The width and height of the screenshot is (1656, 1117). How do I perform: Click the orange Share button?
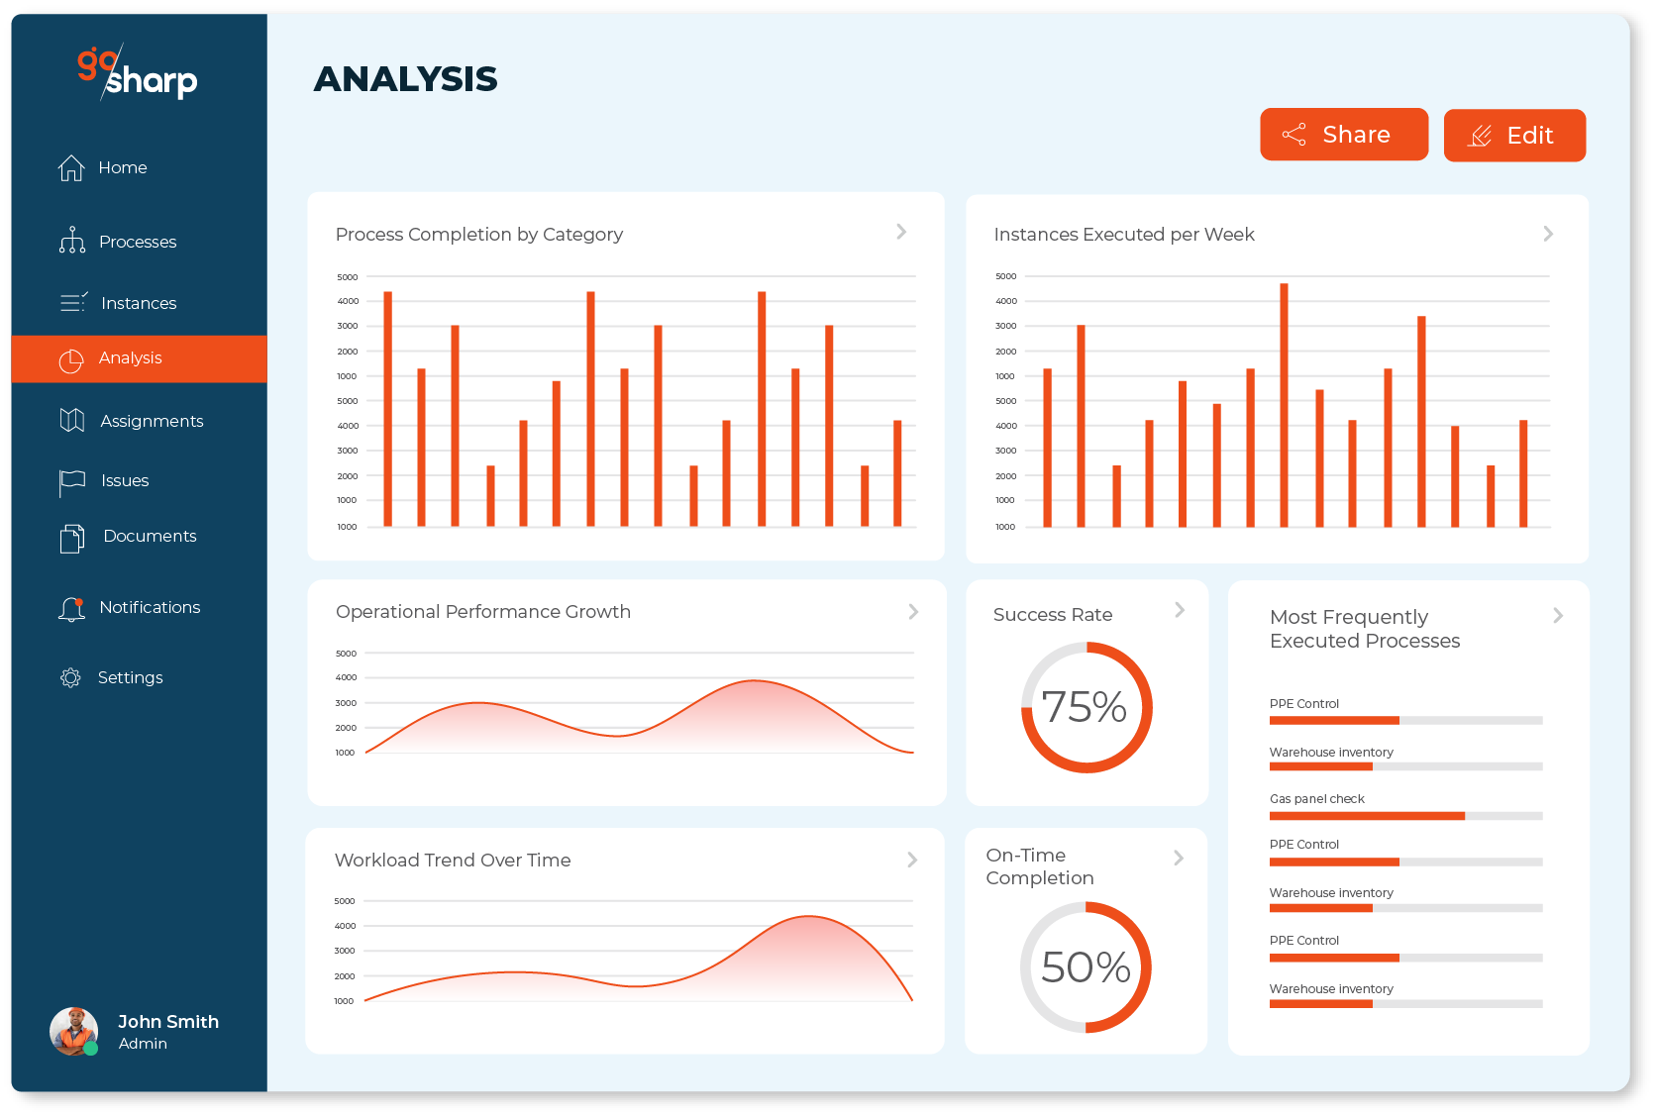(1343, 135)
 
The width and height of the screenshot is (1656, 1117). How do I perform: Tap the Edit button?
(1513, 136)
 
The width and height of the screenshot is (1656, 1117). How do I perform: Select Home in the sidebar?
(122, 168)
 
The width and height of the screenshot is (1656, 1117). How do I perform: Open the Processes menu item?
(137, 242)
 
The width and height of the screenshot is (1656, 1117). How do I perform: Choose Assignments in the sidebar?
(151, 421)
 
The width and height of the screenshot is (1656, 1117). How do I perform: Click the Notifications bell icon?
(71, 608)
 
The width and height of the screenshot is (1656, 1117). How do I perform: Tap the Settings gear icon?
(70, 677)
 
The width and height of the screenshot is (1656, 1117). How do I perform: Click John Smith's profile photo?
(74, 1031)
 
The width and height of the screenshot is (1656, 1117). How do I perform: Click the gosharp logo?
(137, 72)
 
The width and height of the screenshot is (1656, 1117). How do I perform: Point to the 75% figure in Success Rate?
(1085, 707)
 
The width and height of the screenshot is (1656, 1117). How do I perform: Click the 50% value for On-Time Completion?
(1086, 967)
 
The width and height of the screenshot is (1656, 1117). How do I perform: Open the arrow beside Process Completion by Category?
(901, 232)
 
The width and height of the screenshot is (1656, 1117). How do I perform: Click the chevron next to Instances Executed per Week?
(1548, 234)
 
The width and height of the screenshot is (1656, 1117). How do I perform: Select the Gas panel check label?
(1316, 799)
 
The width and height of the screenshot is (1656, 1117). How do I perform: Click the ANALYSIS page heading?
(405, 79)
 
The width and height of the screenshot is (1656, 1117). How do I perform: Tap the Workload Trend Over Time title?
(453, 861)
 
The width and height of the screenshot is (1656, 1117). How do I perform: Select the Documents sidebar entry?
(150, 536)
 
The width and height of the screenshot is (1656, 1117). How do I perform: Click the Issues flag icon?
(71, 481)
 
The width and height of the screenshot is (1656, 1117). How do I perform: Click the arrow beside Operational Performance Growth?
(913, 612)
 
